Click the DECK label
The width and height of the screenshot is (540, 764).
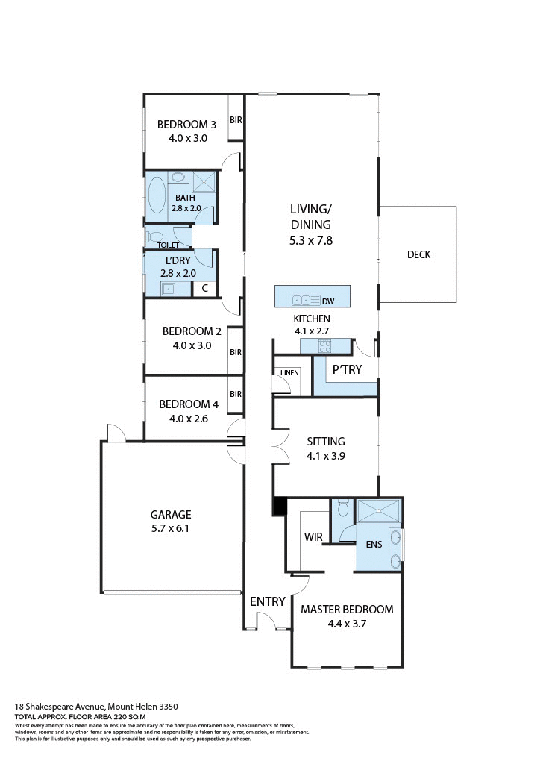click(418, 254)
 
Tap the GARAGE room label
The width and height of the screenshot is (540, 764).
click(171, 515)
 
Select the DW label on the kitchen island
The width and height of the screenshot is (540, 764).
click(327, 301)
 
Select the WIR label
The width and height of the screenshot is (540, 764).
click(313, 536)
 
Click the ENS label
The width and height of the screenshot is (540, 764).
click(374, 544)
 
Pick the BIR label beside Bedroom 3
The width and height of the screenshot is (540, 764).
click(236, 119)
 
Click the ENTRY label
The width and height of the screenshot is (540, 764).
click(267, 601)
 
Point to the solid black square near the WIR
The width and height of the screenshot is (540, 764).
click(280, 506)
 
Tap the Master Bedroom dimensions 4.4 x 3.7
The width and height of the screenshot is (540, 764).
click(346, 624)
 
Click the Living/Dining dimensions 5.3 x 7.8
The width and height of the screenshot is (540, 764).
click(310, 240)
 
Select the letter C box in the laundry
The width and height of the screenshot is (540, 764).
click(204, 289)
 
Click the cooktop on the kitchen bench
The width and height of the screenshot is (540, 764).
click(325, 345)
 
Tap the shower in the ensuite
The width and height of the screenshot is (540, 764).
click(378, 513)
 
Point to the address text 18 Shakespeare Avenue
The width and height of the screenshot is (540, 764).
click(60, 706)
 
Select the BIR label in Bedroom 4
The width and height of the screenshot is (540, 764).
click(236, 394)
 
